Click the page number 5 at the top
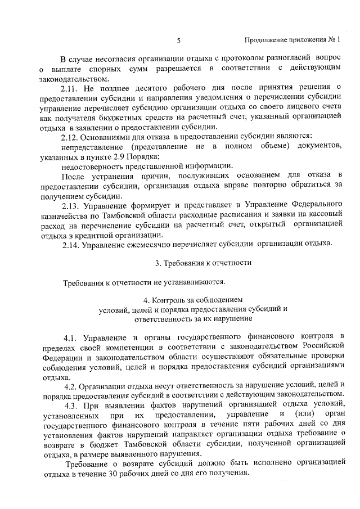[x=178, y=40]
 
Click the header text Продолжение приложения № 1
[x=294, y=40]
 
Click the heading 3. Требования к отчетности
[x=203, y=263]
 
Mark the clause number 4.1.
[x=73, y=338]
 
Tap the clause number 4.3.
[x=75, y=406]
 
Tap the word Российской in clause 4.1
[x=317, y=348]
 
